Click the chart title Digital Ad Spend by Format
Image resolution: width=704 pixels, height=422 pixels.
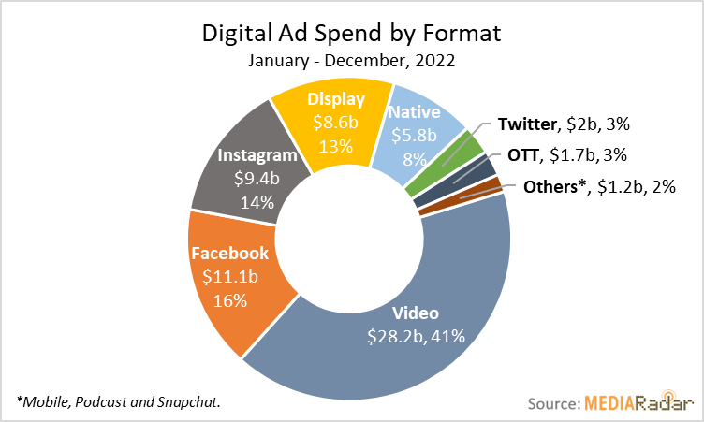(x=352, y=35)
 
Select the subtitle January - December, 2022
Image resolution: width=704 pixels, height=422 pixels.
(x=352, y=61)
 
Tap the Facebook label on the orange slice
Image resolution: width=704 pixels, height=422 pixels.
(x=229, y=253)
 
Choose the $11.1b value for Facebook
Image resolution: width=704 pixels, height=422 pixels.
(x=229, y=277)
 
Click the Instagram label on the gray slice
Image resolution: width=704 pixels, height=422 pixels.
(x=257, y=155)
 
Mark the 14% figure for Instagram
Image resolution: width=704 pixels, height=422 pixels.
(x=257, y=201)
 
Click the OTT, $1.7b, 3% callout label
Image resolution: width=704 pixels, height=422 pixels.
(x=566, y=154)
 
